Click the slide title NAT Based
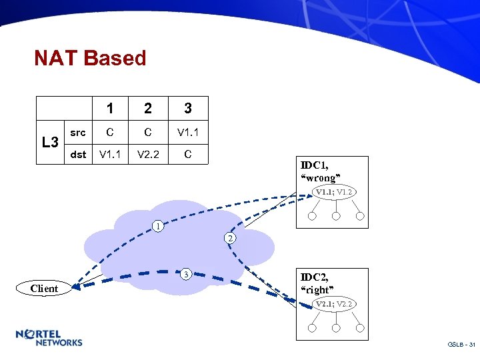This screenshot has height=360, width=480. point(90,59)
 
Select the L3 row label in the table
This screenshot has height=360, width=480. point(51,142)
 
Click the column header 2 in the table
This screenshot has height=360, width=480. point(148,107)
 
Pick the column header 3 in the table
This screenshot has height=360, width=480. point(188,107)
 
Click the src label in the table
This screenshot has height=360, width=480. point(78,132)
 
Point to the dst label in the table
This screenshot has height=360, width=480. point(78,155)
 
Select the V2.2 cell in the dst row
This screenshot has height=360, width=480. point(148,155)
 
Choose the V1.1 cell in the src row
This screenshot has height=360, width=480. point(188,132)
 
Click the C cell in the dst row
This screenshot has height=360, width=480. point(188,155)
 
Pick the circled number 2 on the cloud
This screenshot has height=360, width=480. point(229,238)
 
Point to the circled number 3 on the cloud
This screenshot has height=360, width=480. point(187,273)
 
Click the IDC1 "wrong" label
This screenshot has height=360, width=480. point(321,171)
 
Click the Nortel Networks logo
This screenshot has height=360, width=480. point(49,338)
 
